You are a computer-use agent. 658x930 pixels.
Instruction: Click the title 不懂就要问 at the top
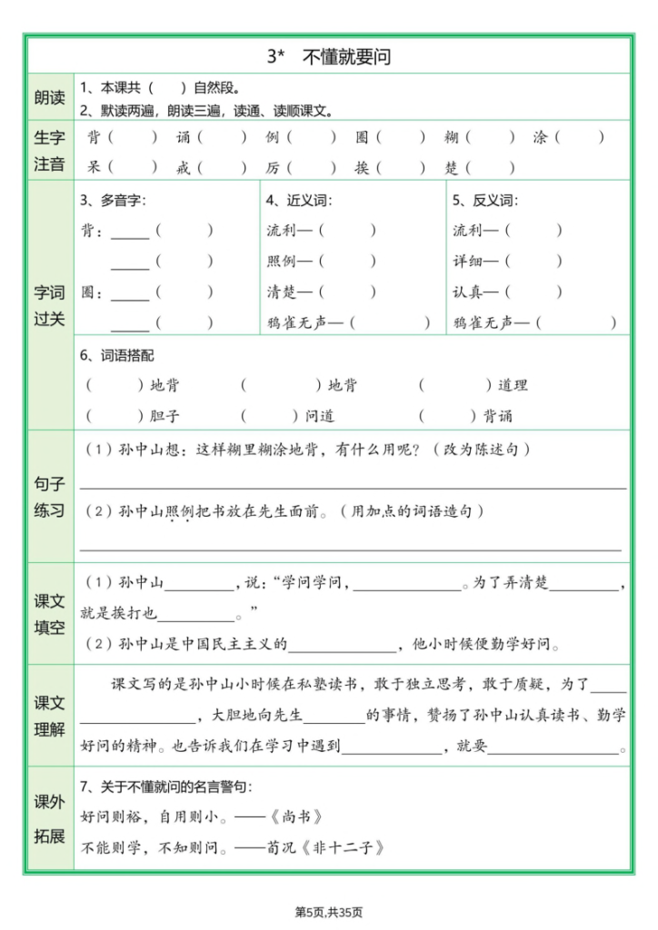[329, 56]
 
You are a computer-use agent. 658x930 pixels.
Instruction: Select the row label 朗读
[50, 98]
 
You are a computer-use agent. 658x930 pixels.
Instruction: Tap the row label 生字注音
[50, 151]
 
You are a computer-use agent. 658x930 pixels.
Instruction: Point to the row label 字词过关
[50, 305]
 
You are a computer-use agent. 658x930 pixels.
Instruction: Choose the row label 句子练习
[50, 497]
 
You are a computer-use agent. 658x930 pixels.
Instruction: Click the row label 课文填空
[50, 614]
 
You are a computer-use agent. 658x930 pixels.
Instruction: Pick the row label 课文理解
[50, 715]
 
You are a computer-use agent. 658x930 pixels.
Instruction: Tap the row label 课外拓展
[50, 818]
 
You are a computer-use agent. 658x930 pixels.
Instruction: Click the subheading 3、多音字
[114, 200]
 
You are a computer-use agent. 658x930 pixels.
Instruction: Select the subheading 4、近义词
[299, 200]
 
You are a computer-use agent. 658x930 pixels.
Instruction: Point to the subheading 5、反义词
[485, 200]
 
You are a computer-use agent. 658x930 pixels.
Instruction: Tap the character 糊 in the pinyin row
[451, 138]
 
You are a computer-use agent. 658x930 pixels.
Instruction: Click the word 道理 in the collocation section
[513, 385]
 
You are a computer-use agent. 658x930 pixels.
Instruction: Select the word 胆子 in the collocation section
[164, 416]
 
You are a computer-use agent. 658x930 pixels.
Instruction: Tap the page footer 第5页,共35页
[329, 912]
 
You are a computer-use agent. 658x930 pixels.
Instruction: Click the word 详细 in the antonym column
[468, 262]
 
